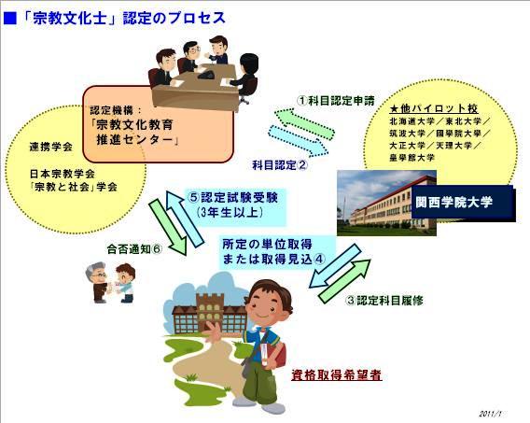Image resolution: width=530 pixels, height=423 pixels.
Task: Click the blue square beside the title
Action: [x=9, y=18]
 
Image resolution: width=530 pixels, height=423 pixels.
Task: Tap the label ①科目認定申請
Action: [x=336, y=101]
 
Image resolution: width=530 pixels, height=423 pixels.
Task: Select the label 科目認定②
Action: [x=280, y=165]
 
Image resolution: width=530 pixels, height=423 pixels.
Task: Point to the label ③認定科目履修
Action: [x=384, y=301]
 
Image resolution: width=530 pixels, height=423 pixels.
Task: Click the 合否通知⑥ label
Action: [x=134, y=249]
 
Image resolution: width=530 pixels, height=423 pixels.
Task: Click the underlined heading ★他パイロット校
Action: [x=434, y=108]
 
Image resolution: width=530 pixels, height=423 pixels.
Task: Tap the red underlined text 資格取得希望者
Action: [x=337, y=375]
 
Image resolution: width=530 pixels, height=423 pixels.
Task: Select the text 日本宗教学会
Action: [x=63, y=174]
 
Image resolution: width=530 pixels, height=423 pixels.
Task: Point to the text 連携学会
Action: [x=51, y=147]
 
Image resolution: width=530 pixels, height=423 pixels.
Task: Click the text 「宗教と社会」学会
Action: [x=74, y=187]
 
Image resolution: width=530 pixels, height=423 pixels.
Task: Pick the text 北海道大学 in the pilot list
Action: [x=411, y=121]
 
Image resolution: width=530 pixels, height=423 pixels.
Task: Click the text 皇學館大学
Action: [x=411, y=157]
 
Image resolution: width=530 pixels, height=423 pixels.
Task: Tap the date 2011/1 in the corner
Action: [x=491, y=414]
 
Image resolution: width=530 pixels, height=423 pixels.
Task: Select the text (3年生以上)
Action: [x=230, y=212]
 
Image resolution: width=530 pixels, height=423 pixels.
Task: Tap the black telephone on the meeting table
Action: [x=207, y=74]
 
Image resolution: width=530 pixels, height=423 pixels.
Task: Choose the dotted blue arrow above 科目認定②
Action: [x=298, y=141]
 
